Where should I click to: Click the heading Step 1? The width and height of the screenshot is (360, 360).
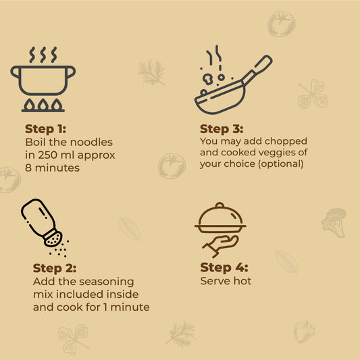pos(45,129)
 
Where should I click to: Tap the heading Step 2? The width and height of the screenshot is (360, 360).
pos(55,268)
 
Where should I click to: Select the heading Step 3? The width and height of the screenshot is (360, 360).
pos(222,129)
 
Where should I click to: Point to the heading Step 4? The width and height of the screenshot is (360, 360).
pos(224,267)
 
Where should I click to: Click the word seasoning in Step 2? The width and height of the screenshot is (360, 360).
pos(107,282)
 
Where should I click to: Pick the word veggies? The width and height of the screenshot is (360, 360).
pos(276,153)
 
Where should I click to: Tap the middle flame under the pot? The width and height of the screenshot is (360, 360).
pos(43,105)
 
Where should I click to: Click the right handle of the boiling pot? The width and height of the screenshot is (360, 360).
pos(71,72)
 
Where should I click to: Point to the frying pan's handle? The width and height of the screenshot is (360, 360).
pos(257,70)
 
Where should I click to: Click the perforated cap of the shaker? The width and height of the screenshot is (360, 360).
pos(53,238)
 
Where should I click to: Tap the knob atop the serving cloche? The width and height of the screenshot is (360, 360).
pos(220,205)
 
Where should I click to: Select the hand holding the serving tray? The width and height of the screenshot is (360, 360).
pos(221,245)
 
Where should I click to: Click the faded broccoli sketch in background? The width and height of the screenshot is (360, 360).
pos(334,222)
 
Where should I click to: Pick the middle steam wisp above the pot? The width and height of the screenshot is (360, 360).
pos(43,55)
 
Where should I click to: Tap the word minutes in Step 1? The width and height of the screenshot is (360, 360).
pos(57,168)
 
